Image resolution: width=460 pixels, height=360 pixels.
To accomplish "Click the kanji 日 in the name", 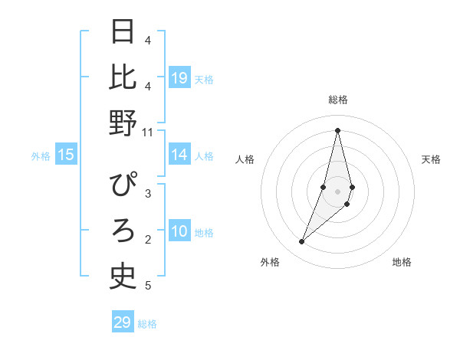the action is [123, 31].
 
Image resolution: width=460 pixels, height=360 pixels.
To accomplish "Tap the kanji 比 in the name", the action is [123, 77].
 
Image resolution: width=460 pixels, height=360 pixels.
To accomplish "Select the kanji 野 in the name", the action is [123, 123].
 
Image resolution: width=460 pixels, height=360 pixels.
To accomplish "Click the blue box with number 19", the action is [179, 78].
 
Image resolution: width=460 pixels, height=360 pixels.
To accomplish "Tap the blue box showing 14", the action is [179, 155].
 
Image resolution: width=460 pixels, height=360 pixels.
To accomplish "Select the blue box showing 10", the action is [179, 231].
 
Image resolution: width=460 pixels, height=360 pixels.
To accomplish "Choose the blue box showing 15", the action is [66, 155].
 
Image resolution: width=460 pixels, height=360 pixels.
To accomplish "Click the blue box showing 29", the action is [123, 322].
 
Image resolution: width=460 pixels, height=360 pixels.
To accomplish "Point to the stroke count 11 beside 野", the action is [148, 133].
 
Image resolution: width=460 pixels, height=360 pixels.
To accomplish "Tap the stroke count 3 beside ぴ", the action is [148, 194].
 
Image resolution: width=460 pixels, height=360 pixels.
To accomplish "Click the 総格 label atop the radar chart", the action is [338, 100].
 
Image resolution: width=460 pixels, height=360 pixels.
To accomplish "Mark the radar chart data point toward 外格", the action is [302, 242].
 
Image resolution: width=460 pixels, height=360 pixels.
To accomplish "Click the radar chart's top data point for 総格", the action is [338, 129].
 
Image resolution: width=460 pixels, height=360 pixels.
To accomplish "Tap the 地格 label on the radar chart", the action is [402, 262].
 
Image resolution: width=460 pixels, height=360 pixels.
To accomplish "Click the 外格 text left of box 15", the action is [41, 156].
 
